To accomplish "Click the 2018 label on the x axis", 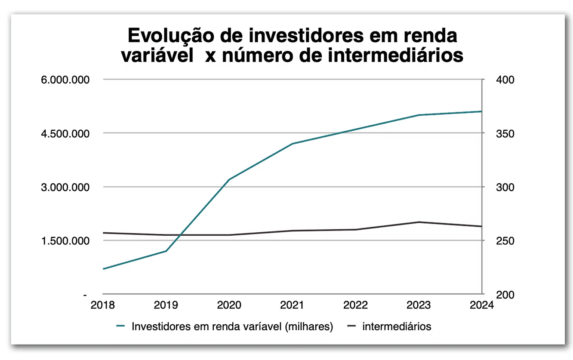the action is point(102,305).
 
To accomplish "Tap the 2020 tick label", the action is point(229,305).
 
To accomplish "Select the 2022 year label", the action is point(355,305).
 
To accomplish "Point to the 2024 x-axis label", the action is point(482,305).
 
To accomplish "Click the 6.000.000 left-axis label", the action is point(65,80).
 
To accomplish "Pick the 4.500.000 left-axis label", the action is point(65,134).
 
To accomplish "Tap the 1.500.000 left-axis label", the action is point(65,241).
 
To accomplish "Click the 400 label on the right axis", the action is point(505,80).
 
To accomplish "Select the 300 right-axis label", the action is point(505,188).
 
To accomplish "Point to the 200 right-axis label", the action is point(505,295).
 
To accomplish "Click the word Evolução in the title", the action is point(171,36).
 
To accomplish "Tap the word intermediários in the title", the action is point(395,55).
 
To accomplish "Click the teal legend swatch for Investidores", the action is point(120,326).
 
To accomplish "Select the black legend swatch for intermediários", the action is point(351,326).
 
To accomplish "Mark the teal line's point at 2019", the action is point(166,251).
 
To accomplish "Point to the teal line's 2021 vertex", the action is point(292,144).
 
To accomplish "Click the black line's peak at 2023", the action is point(419,222).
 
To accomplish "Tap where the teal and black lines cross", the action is point(180,235).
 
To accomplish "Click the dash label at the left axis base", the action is point(85,295).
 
